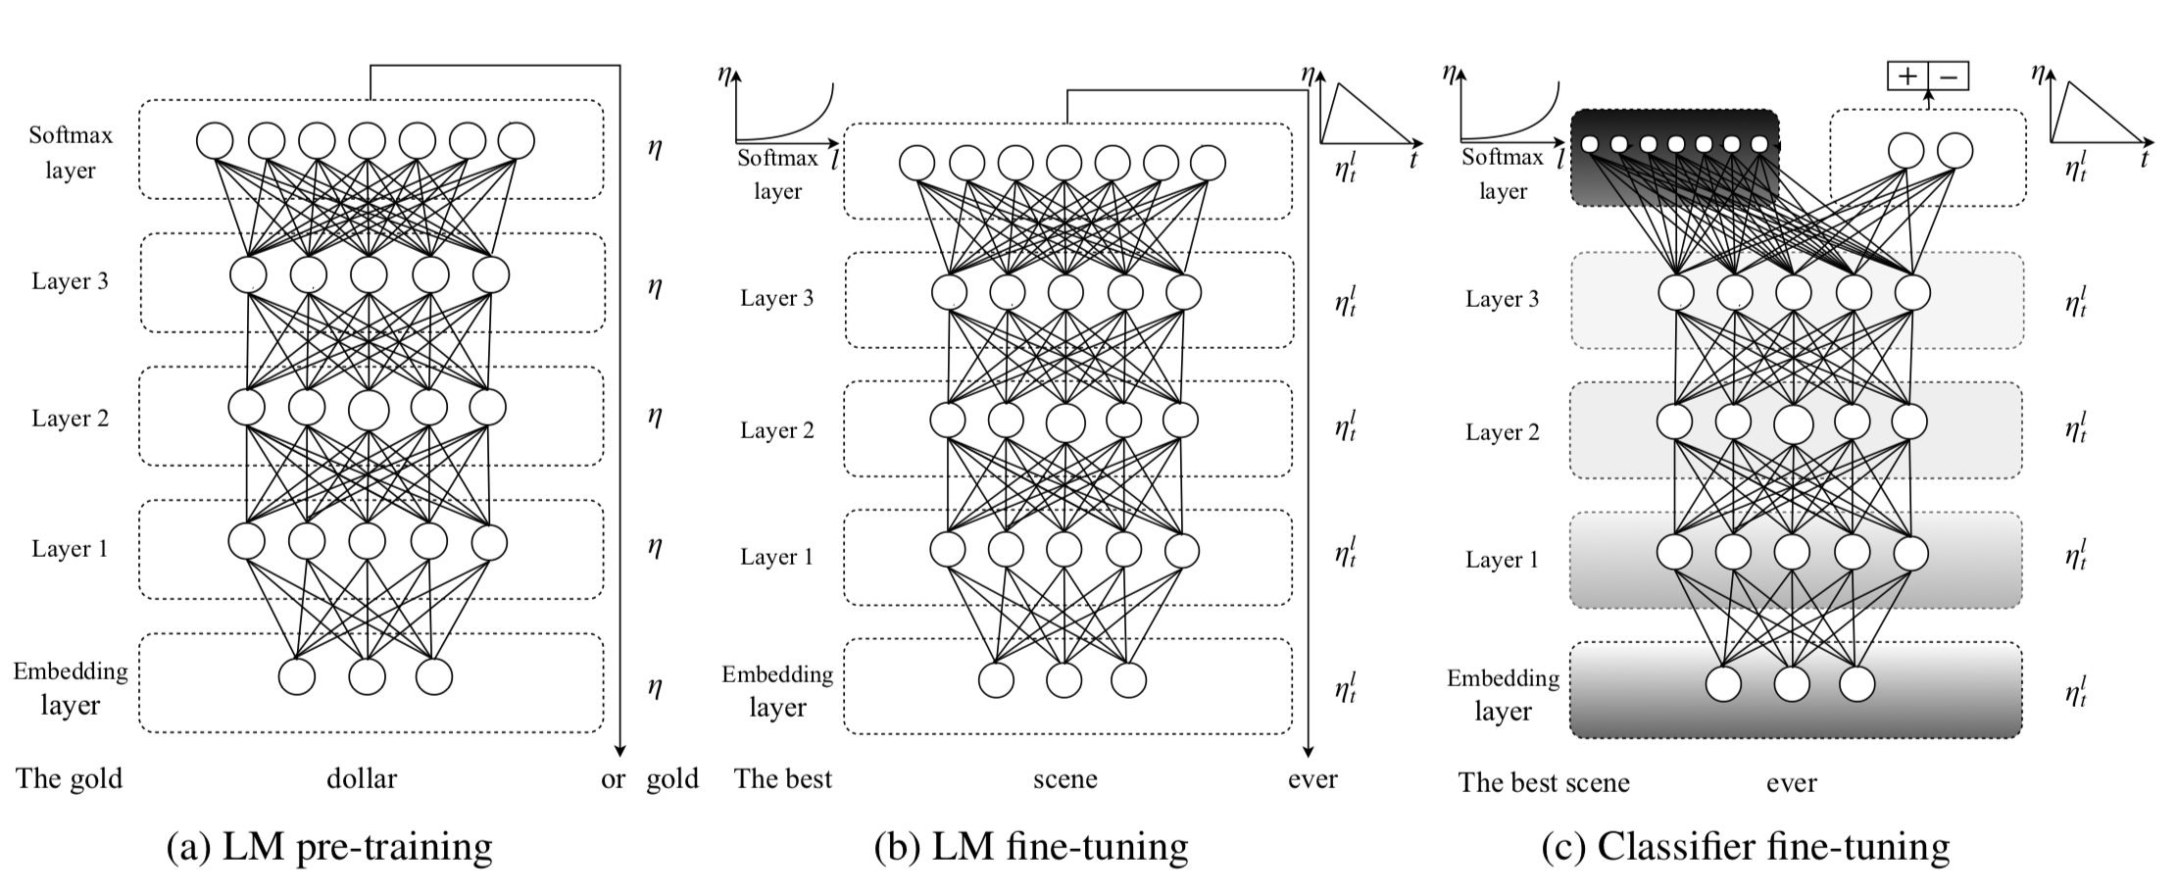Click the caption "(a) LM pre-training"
(x=329, y=847)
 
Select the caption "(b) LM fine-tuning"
(x=1030, y=847)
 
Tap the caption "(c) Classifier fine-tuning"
(x=1745, y=847)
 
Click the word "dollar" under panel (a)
(x=362, y=779)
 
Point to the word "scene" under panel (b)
(x=1064, y=779)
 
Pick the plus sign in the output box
(x=1907, y=76)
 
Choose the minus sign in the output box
(x=1949, y=76)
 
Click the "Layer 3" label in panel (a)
(x=70, y=281)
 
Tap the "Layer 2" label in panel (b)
(x=776, y=430)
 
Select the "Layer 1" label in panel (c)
(x=1502, y=560)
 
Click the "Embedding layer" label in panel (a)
(x=70, y=688)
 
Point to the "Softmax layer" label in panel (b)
(x=777, y=174)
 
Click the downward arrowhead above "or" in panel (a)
(x=619, y=750)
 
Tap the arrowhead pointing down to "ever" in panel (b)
(x=1309, y=750)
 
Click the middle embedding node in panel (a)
(x=368, y=676)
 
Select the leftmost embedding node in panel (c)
(x=1724, y=683)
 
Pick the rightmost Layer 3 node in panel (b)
(x=1184, y=292)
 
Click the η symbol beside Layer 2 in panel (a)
(x=655, y=416)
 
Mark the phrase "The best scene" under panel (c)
(x=1543, y=782)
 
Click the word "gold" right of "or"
(x=671, y=779)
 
